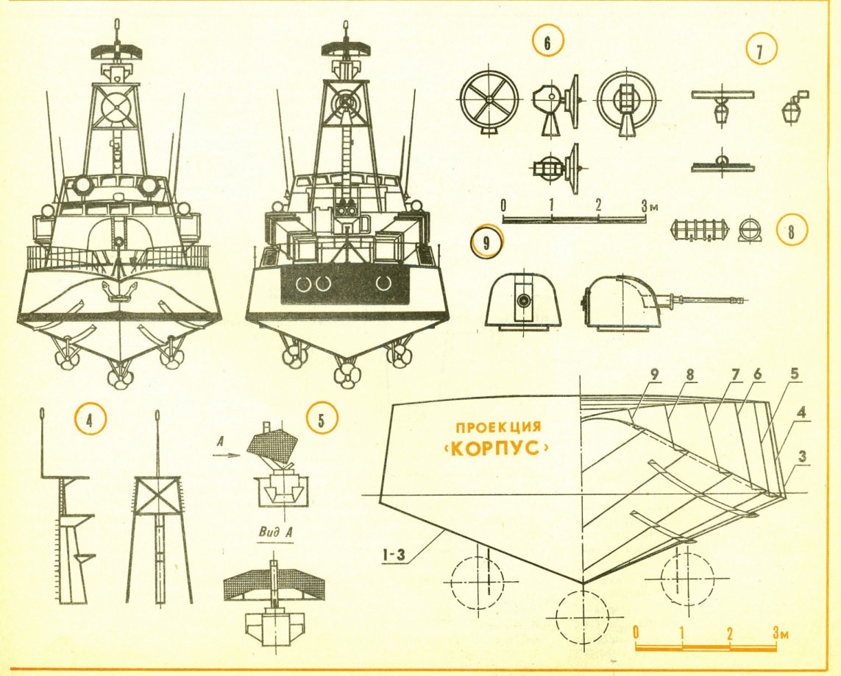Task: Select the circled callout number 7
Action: (x=760, y=50)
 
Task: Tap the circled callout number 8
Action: (x=790, y=231)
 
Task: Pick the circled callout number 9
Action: (x=486, y=243)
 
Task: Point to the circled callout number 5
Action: (x=321, y=419)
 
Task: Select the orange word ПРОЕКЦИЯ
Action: (x=498, y=427)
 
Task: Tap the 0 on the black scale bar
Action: (x=503, y=205)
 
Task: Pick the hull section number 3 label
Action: (x=803, y=457)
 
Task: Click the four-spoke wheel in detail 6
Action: (x=489, y=100)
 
